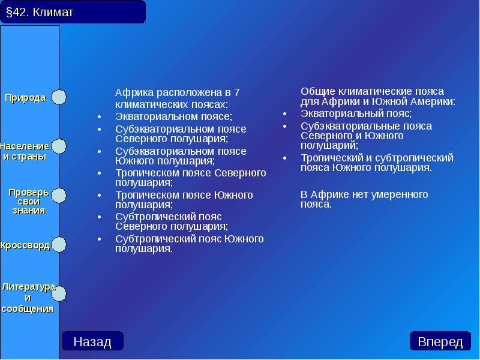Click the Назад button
coord(92,341)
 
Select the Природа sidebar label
coord(26,98)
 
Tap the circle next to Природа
coord(59,97)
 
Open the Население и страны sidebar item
coord(25,151)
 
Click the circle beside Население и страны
coord(59,146)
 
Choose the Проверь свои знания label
coord(29,201)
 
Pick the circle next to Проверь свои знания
coord(59,196)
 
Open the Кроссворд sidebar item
coord(25,245)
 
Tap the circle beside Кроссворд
coord(59,245)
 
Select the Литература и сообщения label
coord(28,298)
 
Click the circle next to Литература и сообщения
coord(59,294)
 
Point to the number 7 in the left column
coord(236,92)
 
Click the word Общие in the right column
coord(318,91)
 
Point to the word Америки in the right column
coord(434,101)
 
